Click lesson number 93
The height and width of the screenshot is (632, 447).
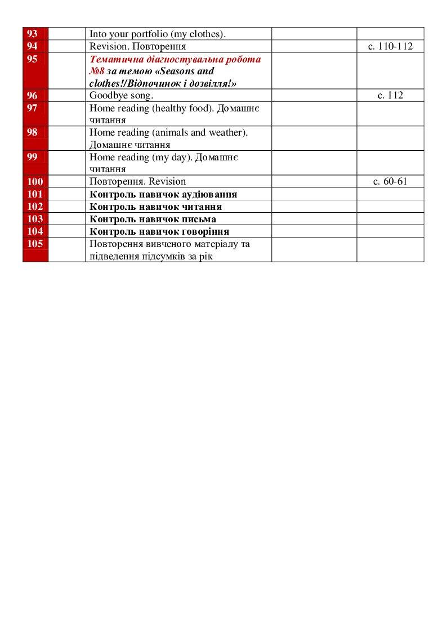tap(32, 34)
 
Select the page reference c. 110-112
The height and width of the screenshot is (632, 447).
tap(390, 46)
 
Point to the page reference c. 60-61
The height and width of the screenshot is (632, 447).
tap(390, 181)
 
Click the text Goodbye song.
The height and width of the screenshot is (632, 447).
tap(121, 95)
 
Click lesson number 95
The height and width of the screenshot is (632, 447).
tap(32, 59)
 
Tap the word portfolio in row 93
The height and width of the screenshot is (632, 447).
tap(149, 34)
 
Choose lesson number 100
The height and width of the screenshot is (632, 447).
tap(35, 181)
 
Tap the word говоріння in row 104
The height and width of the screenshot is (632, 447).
tap(204, 231)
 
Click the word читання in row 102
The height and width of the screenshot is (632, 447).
tap(200, 207)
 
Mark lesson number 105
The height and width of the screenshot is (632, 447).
tap(35, 244)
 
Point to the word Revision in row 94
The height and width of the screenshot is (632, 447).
tap(106, 46)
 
